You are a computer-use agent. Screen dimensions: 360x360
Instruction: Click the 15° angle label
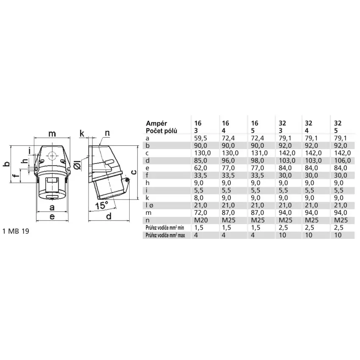pyautogui.click(x=102, y=205)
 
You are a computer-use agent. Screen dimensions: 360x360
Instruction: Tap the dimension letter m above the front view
pyautogui.click(x=52, y=133)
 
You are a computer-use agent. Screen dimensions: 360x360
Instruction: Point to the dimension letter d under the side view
pyautogui.click(x=109, y=216)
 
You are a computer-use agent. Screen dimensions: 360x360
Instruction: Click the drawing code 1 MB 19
pyautogui.click(x=16, y=231)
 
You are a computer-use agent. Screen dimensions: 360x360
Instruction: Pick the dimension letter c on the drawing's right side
pyautogui.click(x=134, y=172)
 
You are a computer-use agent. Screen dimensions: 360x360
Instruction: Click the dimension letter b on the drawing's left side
pyautogui.click(x=7, y=164)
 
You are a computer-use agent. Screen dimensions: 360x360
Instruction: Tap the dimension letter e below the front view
pyautogui.click(x=52, y=216)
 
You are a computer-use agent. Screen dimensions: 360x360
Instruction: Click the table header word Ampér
pyautogui.click(x=156, y=123)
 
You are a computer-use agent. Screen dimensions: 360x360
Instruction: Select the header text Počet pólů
pyautogui.click(x=161, y=130)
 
